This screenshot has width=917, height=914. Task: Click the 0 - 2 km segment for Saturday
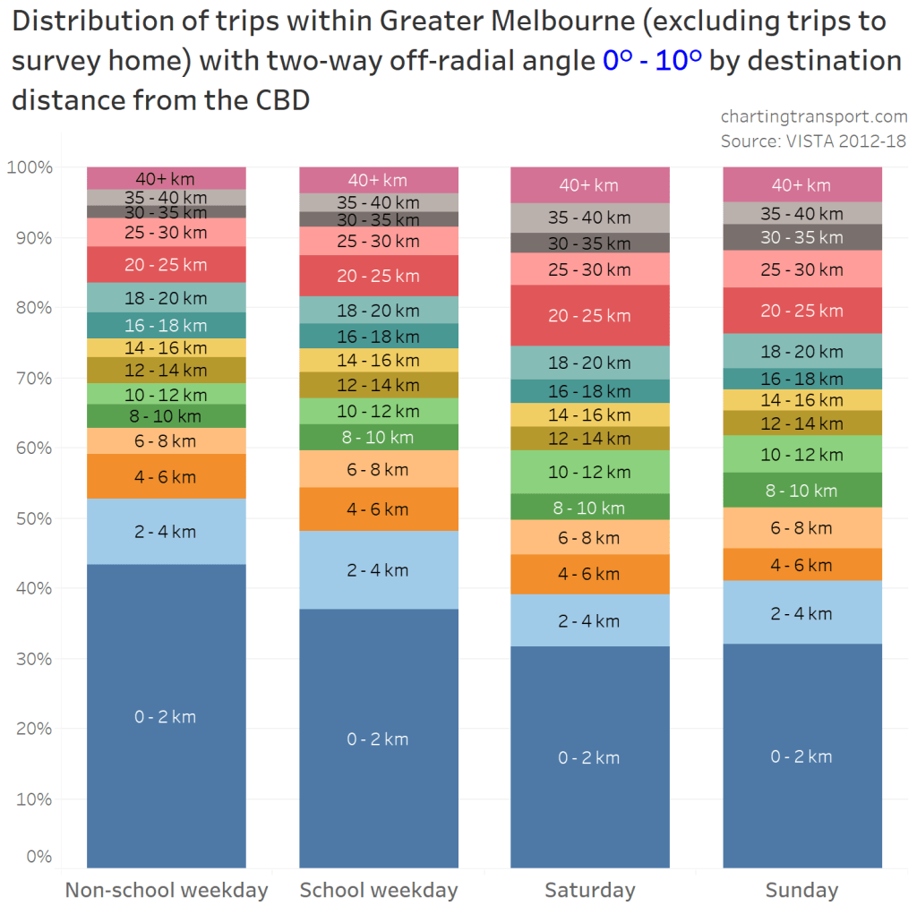[589, 756]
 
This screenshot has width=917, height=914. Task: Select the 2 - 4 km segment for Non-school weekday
[166, 531]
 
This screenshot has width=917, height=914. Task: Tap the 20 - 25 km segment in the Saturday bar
[589, 315]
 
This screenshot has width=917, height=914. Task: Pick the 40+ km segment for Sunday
[801, 184]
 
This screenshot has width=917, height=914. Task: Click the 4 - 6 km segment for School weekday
[378, 509]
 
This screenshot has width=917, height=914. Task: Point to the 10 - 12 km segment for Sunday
[801, 454]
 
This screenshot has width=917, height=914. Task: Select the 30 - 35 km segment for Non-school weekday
[166, 212]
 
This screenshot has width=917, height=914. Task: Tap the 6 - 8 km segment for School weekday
[378, 469]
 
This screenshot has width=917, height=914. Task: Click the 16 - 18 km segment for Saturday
[589, 391]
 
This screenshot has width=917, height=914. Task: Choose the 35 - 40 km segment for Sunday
[801, 213]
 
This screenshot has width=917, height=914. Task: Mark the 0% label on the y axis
[37, 857]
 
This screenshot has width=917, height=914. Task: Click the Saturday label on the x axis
[589, 891]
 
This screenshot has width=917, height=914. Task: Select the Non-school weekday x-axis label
[166, 891]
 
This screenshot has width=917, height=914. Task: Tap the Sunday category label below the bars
[801, 891]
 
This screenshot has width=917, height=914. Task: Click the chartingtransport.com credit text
[813, 116]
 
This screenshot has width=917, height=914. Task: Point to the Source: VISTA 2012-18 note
[813, 141]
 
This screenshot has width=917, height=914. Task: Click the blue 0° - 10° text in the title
[652, 60]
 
